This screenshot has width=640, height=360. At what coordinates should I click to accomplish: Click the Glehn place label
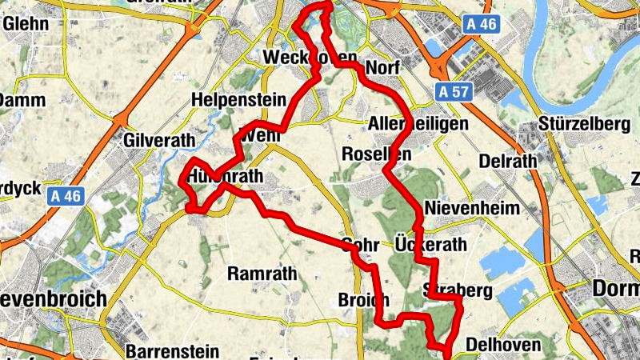click(x=26, y=23)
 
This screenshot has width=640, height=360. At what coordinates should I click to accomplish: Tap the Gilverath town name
click(x=160, y=141)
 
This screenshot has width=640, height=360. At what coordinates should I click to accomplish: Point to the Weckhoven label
click(x=298, y=58)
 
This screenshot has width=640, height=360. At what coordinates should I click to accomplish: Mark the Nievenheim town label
click(x=473, y=208)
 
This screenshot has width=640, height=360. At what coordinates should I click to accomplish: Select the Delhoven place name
click(x=504, y=345)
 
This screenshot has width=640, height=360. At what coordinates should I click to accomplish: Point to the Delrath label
click(x=507, y=161)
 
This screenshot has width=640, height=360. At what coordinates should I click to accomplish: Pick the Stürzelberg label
click(x=581, y=126)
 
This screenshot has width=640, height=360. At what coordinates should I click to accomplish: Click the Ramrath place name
click(x=262, y=274)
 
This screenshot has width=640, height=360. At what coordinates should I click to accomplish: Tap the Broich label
click(x=364, y=300)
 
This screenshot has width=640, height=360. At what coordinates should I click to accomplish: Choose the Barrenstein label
click(x=172, y=350)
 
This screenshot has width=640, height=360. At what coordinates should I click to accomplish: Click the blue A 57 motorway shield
click(x=453, y=92)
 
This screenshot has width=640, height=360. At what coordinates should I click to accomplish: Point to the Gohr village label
click(x=358, y=244)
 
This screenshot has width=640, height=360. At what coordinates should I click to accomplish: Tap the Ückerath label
click(x=430, y=244)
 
